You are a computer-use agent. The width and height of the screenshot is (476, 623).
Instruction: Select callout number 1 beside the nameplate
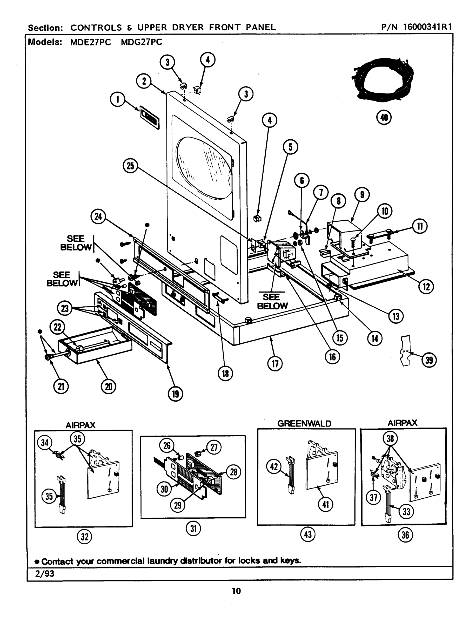coord(118,100)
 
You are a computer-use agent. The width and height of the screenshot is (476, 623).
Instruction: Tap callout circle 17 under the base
coord(275,364)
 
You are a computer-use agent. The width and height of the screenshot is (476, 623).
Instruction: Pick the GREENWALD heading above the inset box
coord(304,424)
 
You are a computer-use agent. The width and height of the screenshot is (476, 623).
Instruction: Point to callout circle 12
coord(426,287)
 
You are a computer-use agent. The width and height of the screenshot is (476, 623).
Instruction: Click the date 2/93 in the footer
coord(44,574)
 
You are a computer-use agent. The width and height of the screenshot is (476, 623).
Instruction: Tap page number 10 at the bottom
coord(236,591)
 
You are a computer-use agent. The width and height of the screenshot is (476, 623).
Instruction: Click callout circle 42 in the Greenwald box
coord(274,466)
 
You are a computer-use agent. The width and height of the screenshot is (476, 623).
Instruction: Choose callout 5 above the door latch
coord(290,147)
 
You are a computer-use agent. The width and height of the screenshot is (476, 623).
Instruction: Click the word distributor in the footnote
coord(201,561)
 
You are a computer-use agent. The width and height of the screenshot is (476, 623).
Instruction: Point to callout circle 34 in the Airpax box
coord(45,443)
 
